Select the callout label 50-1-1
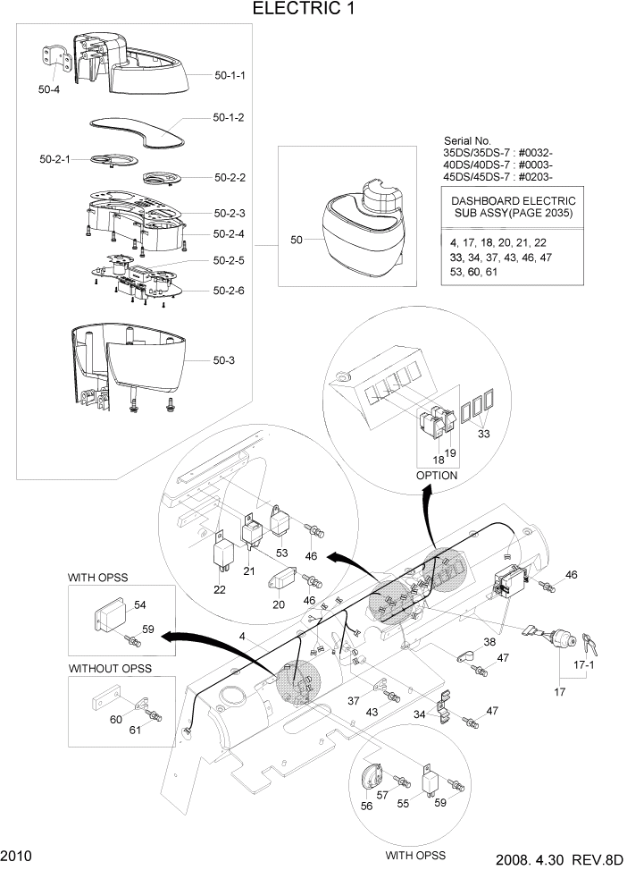pyautogui.click(x=230, y=76)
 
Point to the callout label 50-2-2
pyautogui.click(x=230, y=178)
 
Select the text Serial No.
pyautogui.click(x=467, y=141)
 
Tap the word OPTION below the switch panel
pyautogui.click(x=437, y=476)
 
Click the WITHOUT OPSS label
pyautogui.click(x=110, y=668)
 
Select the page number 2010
pyautogui.click(x=18, y=856)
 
